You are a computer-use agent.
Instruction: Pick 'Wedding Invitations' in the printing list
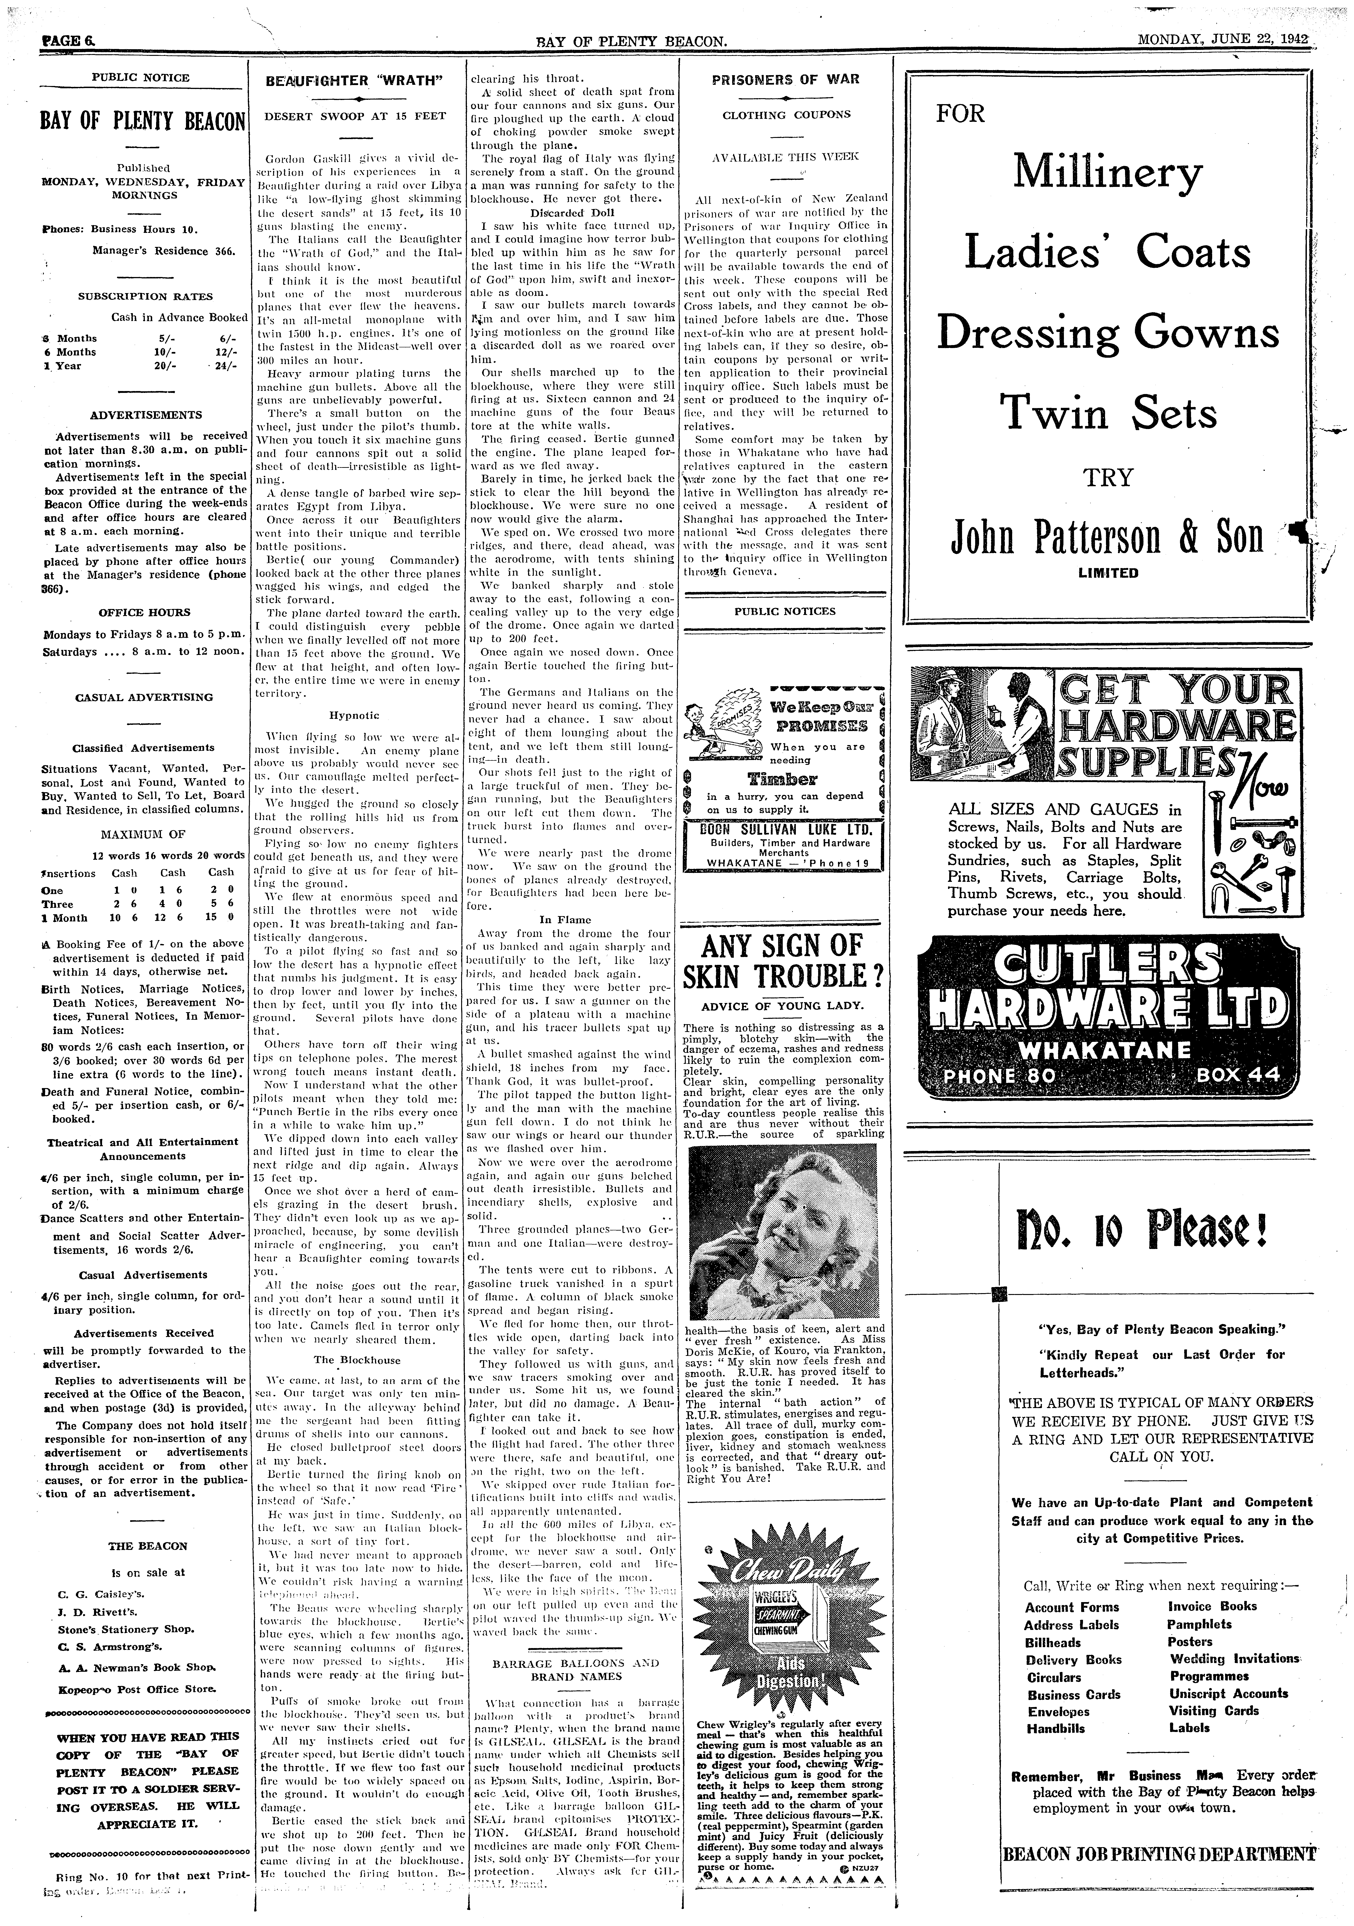point(1233,1658)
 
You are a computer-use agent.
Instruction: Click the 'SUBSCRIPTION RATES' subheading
point(145,296)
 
